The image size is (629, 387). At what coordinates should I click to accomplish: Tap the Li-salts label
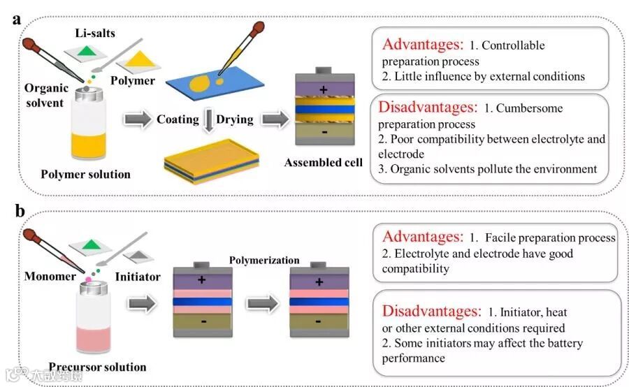95,33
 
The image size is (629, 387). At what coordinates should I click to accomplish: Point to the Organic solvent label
46,96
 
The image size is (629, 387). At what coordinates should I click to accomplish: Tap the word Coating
178,119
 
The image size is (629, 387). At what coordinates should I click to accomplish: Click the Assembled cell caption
324,163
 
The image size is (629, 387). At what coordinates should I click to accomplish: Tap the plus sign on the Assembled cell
323,89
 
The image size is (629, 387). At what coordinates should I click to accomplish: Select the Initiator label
137,277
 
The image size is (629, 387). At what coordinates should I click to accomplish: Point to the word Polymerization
264,261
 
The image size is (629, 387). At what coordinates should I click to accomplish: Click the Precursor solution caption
97,367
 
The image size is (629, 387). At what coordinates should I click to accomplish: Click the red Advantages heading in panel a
422,45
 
